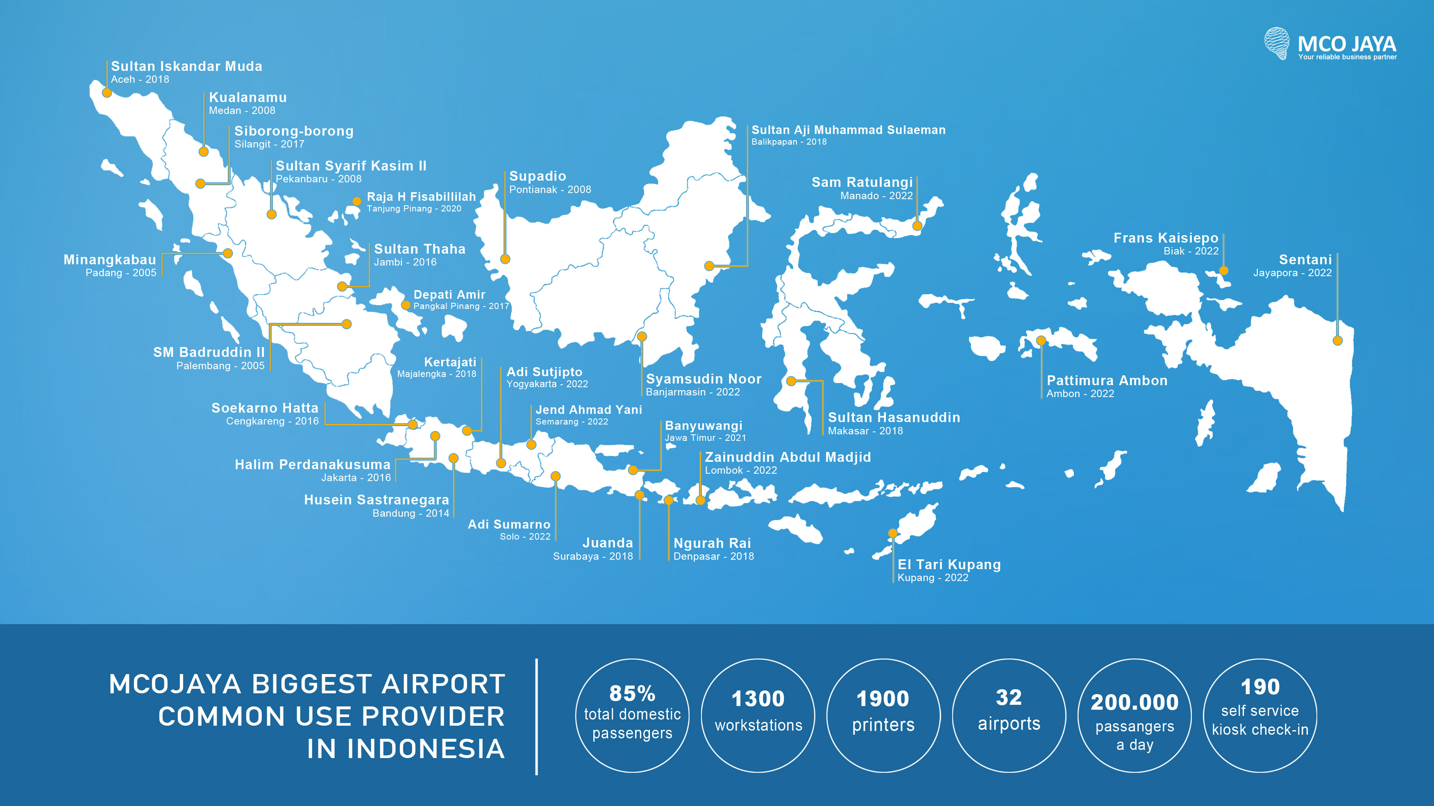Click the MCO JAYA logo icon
click(x=1276, y=43)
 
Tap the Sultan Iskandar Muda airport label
click(x=186, y=66)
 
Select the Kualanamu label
click(x=248, y=98)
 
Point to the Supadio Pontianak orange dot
click(x=505, y=259)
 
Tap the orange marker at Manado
click(x=917, y=225)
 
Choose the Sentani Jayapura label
click(x=1305, y=259)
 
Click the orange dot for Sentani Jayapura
click(x=1337, y=341)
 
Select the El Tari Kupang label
click(x=949, y=564)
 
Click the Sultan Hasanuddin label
click(x=894, y=418)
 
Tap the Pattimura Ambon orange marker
click(x=1040, y=341)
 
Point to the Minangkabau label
click(x=110, y=260)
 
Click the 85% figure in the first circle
click(x=632, y=694)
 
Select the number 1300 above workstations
click(x=758, y=699)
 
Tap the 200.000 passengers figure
click(x=1134, y=702)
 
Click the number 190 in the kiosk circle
click(x=1260, y=687)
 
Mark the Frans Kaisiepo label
click(x=1166, y=238)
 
